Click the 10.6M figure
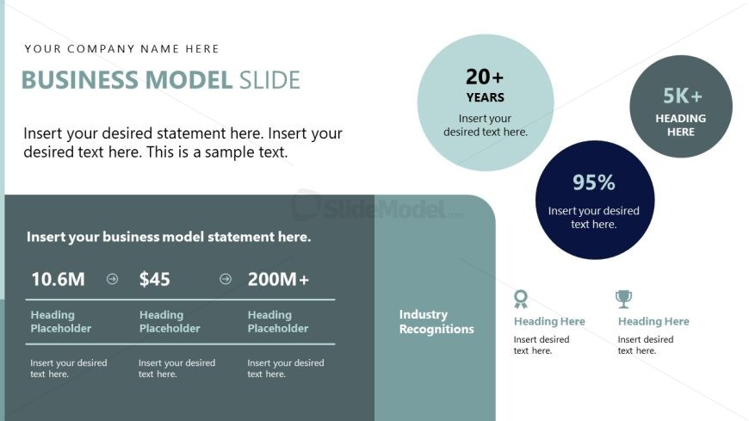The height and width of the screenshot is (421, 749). click(58, 279)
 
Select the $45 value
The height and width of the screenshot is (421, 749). click(154, 279)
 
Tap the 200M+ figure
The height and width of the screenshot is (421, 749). click(278, 279)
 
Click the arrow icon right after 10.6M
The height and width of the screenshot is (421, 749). click(112, 279)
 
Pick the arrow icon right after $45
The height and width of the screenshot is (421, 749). click(226, 279)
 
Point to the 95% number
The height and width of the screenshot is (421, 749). click(594, 182)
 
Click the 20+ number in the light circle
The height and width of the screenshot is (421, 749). click(485, 77)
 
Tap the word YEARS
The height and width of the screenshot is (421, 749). click(486, 97)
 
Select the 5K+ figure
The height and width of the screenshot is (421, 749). click(682, 96)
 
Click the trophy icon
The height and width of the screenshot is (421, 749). click(624, 299)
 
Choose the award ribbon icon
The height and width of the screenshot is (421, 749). click(521, 299)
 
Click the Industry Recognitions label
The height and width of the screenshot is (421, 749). click(436, 322)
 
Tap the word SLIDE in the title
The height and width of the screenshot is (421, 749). click(269, 80)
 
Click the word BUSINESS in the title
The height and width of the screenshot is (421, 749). click(80, 80)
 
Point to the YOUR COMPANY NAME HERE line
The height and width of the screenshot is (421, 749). click(121, 49)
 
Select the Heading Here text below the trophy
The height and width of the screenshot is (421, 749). click(653, 322)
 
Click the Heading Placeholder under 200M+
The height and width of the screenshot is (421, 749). click(278, 322)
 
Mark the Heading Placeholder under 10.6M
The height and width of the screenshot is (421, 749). click(60, 322)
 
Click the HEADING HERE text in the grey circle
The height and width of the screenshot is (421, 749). click(681, 125)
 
